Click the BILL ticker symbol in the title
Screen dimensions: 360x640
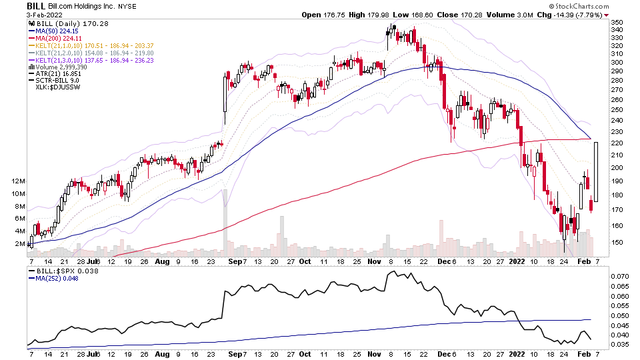36,5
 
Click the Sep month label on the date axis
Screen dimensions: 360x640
233,262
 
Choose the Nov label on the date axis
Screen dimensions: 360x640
374,262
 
